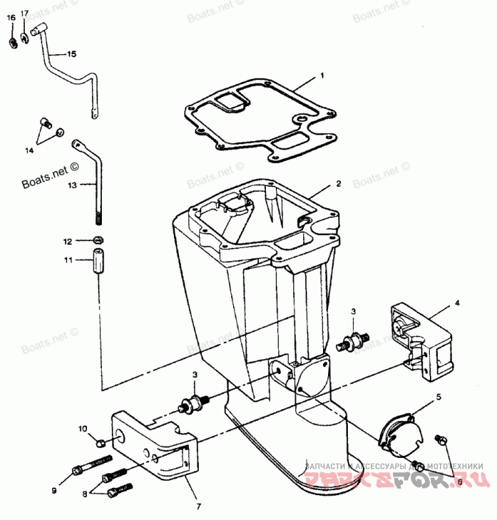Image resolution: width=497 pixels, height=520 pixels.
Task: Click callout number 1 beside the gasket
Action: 322,76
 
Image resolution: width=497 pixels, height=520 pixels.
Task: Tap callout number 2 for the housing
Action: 339,184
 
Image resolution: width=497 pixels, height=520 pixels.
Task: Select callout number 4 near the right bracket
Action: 457,303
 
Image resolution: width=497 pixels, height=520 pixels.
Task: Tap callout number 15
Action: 71,55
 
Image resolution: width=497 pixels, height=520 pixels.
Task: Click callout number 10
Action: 83,429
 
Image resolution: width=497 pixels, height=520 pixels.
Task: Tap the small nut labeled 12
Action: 98,240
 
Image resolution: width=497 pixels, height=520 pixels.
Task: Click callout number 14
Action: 29,150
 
